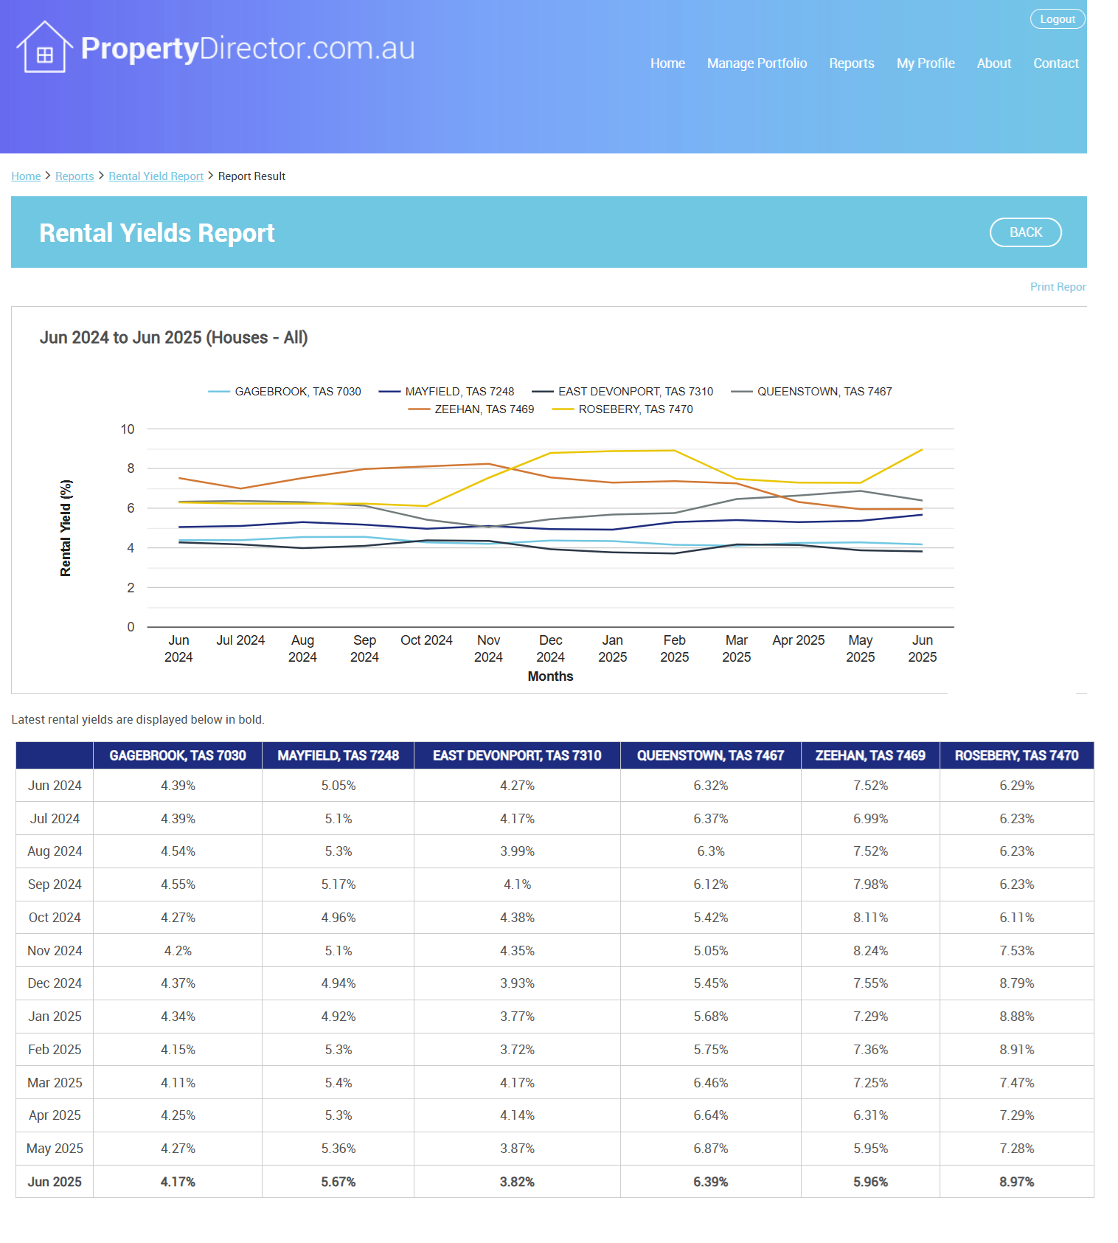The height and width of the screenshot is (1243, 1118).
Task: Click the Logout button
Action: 1058,19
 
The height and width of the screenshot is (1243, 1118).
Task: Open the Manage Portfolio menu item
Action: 757,63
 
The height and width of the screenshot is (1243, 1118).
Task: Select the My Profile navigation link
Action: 926,63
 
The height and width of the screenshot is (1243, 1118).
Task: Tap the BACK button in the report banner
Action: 1025,232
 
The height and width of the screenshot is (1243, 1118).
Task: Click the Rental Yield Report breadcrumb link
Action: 156,176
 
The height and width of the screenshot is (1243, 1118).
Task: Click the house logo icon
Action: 44,46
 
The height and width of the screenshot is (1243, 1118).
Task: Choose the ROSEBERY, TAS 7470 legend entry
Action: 622,409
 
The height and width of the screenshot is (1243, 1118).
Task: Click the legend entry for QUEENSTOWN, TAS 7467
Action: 811,392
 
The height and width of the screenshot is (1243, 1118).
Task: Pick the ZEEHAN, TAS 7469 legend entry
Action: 471,409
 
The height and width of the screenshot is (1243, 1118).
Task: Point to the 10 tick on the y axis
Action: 128,429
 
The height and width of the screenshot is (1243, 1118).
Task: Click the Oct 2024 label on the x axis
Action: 426,640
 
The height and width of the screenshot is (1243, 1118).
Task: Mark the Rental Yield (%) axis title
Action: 66,528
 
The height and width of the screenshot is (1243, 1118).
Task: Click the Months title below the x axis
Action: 550,676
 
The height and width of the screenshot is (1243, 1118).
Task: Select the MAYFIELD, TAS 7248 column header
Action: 338,755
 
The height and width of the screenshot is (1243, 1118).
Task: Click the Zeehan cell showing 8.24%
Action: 870,951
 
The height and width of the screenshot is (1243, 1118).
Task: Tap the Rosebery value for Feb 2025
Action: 1016,1050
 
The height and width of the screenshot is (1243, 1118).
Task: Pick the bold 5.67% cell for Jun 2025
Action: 338,1182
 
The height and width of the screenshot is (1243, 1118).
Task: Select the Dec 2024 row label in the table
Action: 55,983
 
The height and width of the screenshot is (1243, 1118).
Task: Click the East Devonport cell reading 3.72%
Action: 517,1050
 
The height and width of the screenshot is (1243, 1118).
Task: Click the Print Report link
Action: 1058,287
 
